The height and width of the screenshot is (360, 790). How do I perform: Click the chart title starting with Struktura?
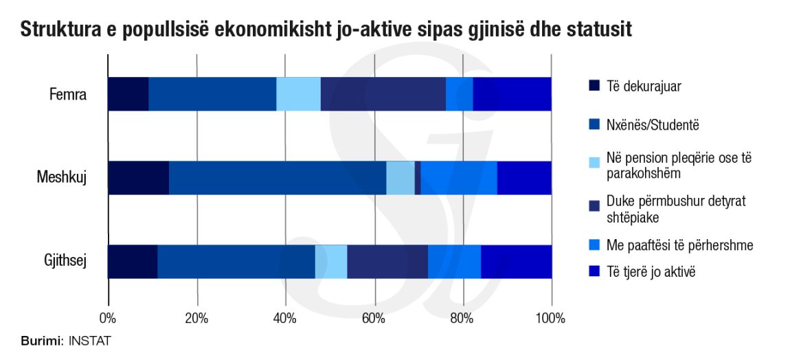[326, 30]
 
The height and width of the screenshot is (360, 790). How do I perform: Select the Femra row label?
[68, 94]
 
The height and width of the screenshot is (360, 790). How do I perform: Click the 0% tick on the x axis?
[108, 318]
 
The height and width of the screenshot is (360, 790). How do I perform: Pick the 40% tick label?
[285, 318]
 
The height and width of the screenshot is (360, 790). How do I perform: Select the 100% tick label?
[551, 318]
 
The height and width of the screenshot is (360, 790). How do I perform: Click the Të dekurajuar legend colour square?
[594, 86]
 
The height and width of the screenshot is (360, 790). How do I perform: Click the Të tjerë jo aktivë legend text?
[651, 272]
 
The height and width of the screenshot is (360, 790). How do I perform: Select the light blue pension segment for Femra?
[298, 93]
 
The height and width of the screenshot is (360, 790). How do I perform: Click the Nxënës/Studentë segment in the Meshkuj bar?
[278, 178]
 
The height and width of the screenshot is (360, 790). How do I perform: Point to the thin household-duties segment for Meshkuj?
[418, 178]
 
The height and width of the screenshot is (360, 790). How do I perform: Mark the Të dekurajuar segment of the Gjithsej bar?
[133, 262]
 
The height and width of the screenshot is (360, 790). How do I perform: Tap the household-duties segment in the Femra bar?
[383, 93]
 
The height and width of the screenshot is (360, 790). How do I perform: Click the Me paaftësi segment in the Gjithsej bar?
[454, 262]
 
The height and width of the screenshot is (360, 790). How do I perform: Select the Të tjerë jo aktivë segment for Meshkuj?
[524, 178]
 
